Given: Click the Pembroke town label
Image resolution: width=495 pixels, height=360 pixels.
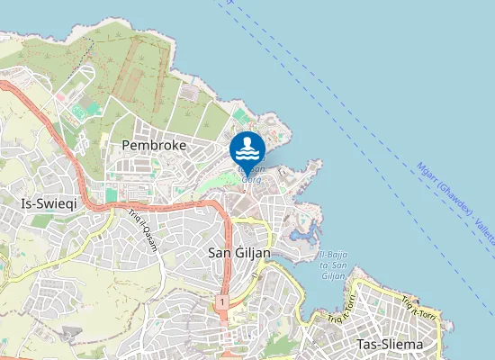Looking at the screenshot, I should click(x=153, y=145).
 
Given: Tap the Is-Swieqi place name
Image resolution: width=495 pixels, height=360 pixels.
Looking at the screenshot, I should click(x=49, y=204).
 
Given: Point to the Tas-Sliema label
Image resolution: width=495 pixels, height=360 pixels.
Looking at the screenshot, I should click(x=390, y=345).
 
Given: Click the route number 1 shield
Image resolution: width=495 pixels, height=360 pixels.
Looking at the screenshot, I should click(x=220, y=304).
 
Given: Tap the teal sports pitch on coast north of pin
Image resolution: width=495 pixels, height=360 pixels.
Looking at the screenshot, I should click(x=238, y=115).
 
